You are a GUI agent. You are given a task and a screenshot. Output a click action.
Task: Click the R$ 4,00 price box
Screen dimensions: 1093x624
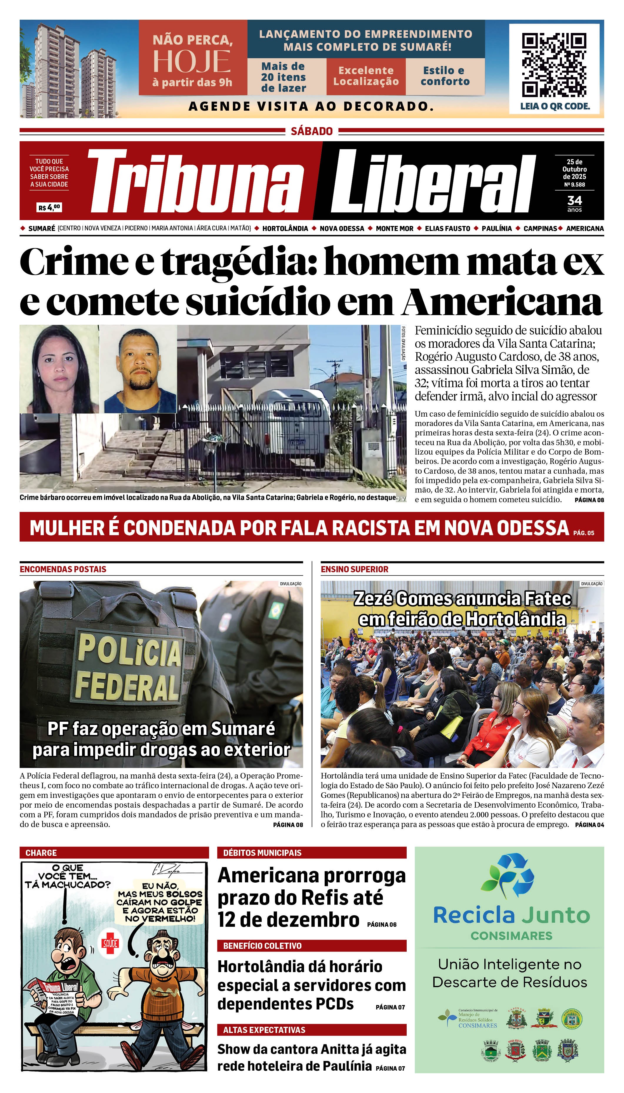tap(49, 207)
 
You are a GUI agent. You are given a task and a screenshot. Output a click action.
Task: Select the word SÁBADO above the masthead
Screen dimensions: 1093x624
tap(312, 131)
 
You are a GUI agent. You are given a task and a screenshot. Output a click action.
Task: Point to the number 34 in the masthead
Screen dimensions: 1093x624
tap(574, 200)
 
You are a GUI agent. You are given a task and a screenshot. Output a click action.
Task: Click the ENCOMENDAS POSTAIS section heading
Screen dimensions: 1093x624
tap(63, 569)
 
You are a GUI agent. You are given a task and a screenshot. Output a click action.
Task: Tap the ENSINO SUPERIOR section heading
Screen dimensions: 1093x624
tap(354, 569)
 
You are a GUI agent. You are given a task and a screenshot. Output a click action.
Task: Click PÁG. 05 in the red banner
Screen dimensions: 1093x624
tap(583, 533)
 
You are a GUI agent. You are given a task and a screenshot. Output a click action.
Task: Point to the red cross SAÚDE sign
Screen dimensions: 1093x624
tap(110, 943)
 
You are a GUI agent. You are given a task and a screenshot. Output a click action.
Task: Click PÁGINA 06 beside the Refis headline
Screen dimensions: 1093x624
tap(381, 924)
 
